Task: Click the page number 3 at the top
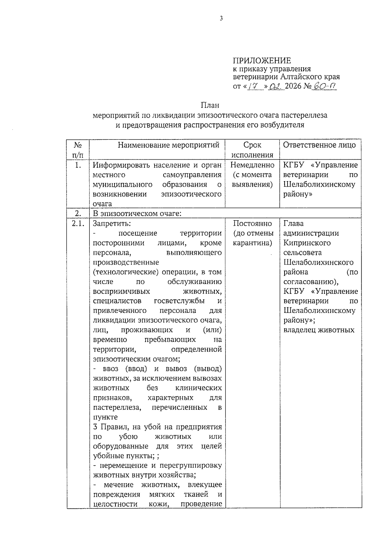[221, 19]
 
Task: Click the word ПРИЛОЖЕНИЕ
[262, 61]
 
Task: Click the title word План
[210, 105]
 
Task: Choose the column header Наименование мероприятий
[168, 145]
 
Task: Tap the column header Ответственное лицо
[319, 145]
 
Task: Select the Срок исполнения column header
[252, 150]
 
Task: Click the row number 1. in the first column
[78, 165]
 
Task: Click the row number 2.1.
[78, 223]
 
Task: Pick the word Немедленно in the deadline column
[252, 165]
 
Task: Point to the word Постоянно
[252, 223]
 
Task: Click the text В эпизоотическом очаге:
[137, 213]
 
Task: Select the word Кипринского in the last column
[307, 243]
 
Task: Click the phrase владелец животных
[319, 330]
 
